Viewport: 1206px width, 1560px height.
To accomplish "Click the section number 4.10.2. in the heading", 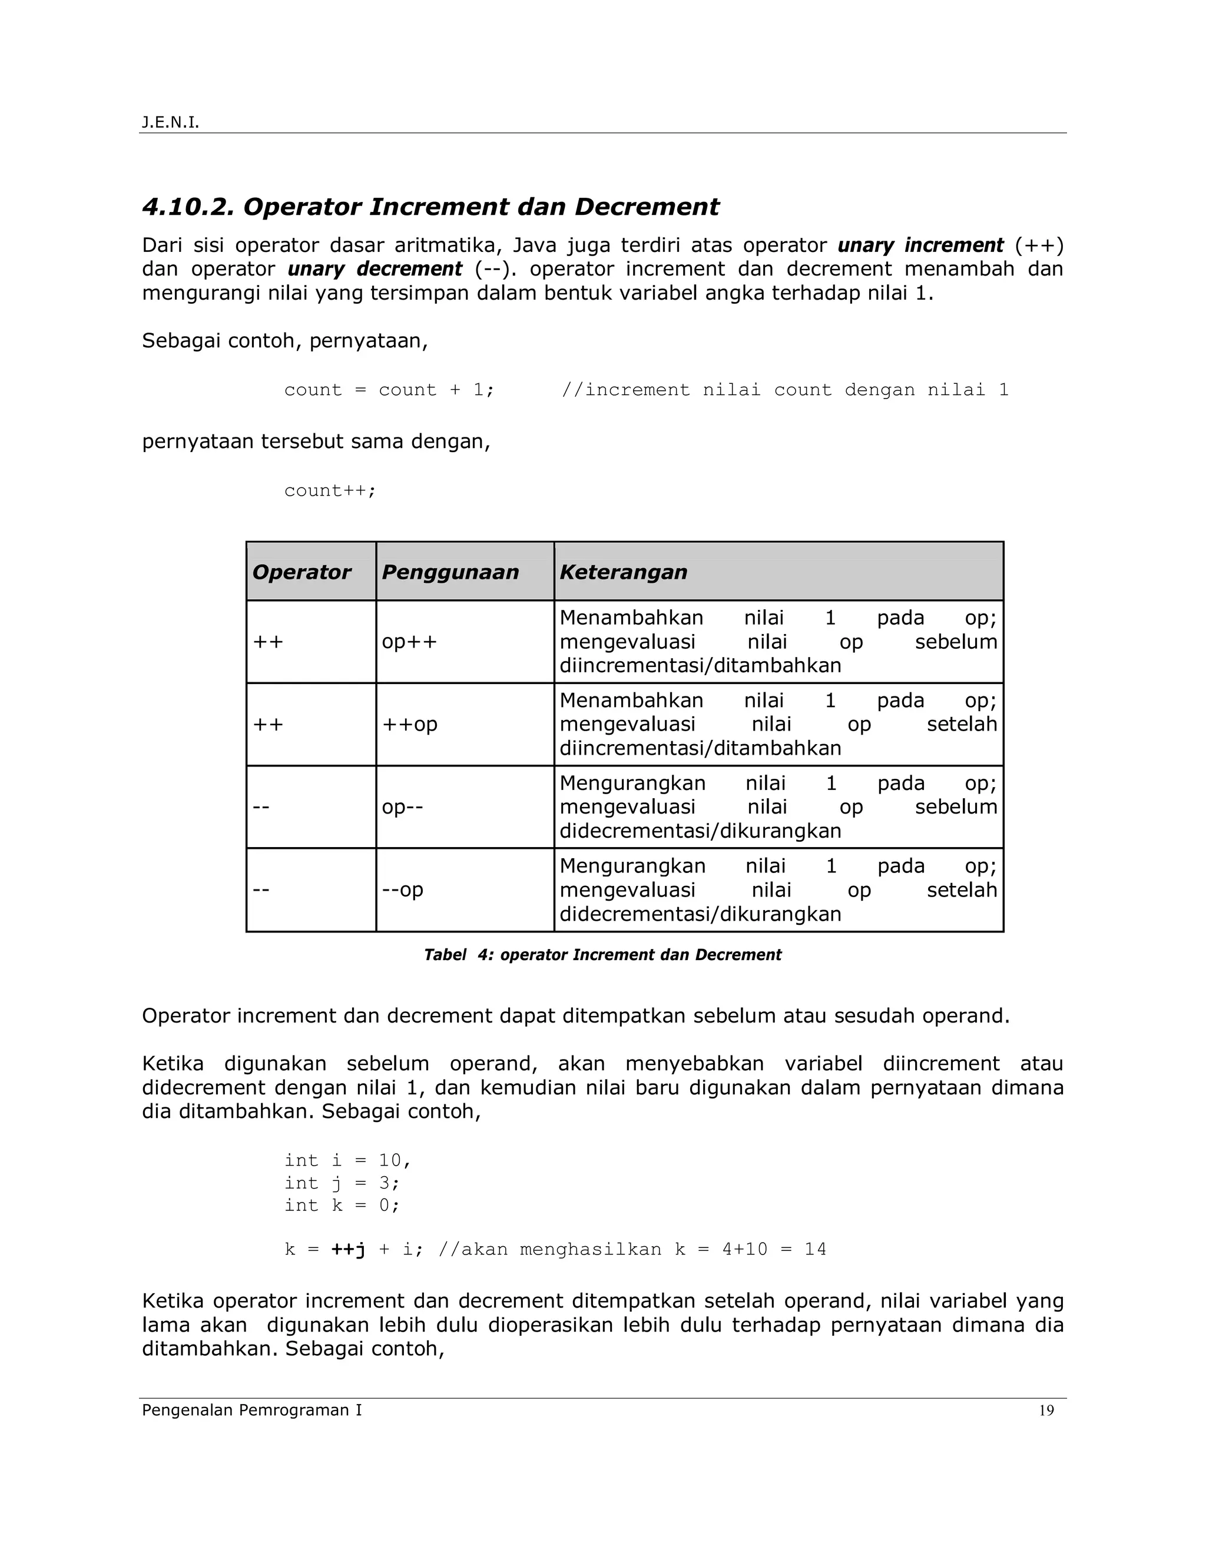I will (x=188, y=207).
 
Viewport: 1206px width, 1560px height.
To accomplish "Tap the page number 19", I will (x=1046, y=1410).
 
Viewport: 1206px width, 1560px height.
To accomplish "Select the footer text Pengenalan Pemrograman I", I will (x=251, y=1409).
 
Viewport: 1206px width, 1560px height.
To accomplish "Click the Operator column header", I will (x=301, y=572).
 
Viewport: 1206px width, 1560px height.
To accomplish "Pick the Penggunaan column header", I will (x=450, y=572).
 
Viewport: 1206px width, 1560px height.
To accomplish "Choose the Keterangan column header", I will (x=623, y=572).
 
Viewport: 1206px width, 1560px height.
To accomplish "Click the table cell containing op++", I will (x=409, y=642).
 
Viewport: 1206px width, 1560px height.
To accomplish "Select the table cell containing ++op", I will (x=409, y=724).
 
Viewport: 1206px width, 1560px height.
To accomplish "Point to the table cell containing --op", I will (x=402, y=890).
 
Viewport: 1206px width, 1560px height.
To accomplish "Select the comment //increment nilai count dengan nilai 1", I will (x=784, y=390).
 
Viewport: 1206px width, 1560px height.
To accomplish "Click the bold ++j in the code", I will (x=348, y=1249).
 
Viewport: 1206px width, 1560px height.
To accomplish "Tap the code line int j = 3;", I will (x=342, y=1183).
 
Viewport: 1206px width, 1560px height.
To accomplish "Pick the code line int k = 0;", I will (x=342, y=1206).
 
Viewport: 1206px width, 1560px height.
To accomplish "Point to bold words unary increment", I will (x=920, y=245).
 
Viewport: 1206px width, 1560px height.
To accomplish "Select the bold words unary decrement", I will (x=375, y=269).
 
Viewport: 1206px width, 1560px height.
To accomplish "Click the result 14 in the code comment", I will (x=814, y=1249).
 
